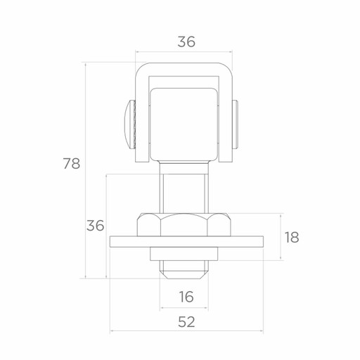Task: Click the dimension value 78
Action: point(72,163)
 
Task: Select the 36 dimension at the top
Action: point(186,41)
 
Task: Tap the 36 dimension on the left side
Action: point(95,226)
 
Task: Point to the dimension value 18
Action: point(292,237)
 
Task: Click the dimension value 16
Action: point(186,297)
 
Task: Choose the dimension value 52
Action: point(186,322)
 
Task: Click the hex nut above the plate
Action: point(184,224)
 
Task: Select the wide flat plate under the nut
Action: point(186,242)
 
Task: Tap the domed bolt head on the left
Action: point(130,124)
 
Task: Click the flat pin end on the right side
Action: point(236,124)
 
